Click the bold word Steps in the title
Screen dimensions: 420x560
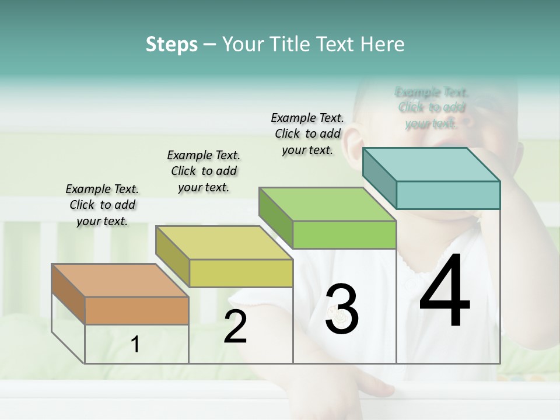click(171, 44)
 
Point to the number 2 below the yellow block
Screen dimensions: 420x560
click(236, 327)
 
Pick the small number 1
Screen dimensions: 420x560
click(135, 344)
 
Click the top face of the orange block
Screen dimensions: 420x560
click(120, 280)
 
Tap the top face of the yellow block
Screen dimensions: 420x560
click(223, 243)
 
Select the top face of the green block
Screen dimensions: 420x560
click(327, 205)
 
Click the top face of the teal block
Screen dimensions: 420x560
click(431, 164)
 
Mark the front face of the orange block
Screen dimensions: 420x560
click(136, 310)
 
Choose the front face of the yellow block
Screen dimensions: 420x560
click(241, 273)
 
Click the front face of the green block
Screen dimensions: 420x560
click(344, 235)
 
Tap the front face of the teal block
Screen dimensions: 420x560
click(448, 195)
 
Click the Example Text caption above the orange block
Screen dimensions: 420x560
click(102, 205)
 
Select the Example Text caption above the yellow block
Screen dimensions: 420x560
click(204, 171)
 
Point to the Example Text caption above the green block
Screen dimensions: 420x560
click(307, 134)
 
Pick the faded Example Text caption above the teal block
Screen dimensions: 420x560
click(432, 108)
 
